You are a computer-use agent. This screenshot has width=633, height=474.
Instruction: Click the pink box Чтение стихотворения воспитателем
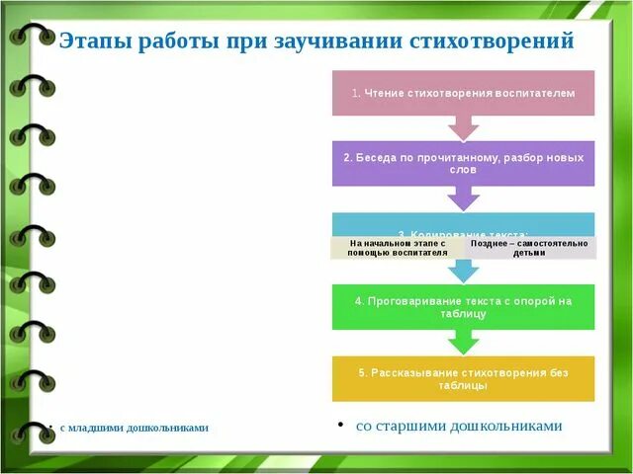[x=463, y=93]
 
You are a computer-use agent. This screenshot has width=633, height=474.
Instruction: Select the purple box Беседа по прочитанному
[x=463, y=163]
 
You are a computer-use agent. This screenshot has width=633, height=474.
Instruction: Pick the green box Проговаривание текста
[x=463, y=306]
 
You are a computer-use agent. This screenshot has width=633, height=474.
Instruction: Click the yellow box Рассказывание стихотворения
[x=463, y=378]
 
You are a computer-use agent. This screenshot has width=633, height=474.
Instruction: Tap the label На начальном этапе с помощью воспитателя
[x=398, y=247]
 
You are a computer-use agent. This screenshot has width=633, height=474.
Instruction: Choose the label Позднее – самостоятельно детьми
[x=529, y=247]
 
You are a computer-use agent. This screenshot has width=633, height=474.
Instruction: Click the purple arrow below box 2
[x=463, y=198]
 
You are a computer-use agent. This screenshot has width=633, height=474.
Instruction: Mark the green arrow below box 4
[x=463, y=342]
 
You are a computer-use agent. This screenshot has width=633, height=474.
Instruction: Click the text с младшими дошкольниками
[x=134, y=428]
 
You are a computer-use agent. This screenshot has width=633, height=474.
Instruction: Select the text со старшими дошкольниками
[x=459, y=426]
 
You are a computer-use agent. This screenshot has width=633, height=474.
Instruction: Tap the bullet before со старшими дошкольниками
[x=340, y=425]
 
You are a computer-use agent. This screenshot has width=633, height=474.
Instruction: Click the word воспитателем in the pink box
[x=538, y=93]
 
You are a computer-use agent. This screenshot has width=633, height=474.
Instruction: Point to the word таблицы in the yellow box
[x=463, y=386]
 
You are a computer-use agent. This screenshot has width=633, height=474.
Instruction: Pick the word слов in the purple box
[x=463, y=170]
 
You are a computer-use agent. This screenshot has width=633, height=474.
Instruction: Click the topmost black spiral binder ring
[x=30, y=37]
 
